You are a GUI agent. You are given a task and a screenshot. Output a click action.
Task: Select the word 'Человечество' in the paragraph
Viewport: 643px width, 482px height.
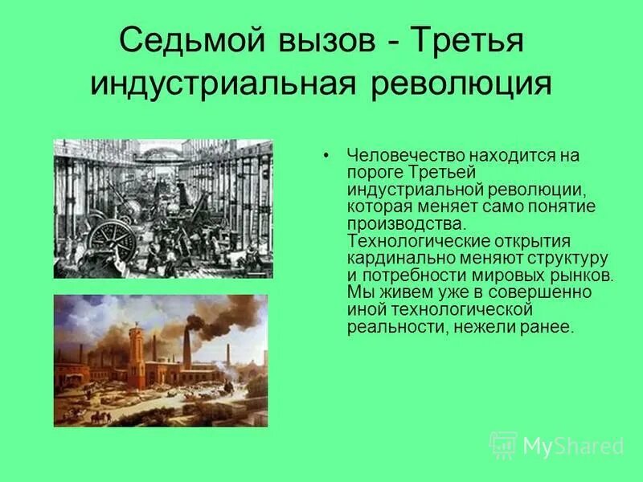(399, 155)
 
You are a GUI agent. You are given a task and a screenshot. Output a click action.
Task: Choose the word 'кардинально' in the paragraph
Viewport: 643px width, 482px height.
(396, 259)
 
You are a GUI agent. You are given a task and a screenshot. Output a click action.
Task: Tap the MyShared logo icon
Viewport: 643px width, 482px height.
(502, 444)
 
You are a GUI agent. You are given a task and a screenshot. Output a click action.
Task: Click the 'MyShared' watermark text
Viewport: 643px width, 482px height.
(573, 446)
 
